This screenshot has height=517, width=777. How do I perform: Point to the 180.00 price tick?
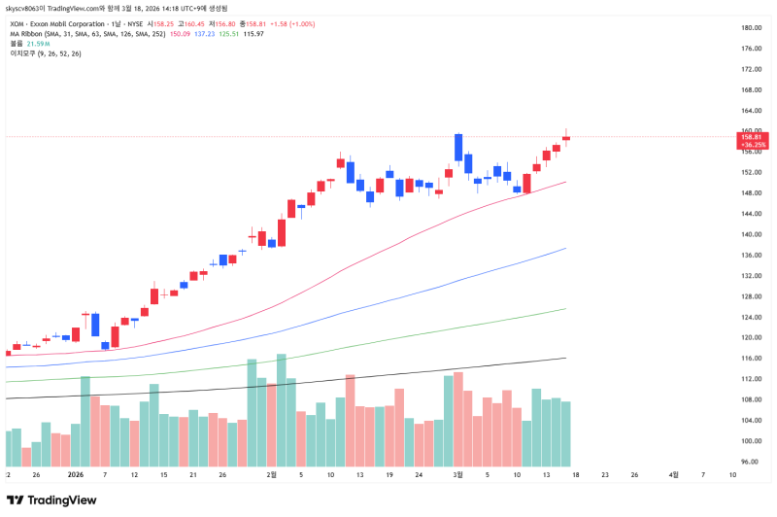click(751, 28)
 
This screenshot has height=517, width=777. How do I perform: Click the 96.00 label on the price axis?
click(749, 462)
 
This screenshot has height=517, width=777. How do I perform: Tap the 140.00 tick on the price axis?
click(751, 234)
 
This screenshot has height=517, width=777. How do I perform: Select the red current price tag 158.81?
click(753, 137)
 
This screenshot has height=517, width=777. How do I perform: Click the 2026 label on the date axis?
click(77, 475)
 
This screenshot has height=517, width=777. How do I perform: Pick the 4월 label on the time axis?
click(674, 475)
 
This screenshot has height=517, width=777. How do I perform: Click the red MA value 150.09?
click(180, 33)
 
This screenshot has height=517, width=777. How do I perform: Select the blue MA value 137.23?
click(204, 33)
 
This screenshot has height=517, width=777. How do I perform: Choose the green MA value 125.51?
click(228, 33)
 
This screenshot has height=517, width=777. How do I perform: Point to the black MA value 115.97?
click(253, 33)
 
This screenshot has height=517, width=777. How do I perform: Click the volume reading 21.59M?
click(37, 44)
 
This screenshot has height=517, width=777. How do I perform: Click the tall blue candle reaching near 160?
click(457, 147)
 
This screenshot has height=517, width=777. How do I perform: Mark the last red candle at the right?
click(566, 137)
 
